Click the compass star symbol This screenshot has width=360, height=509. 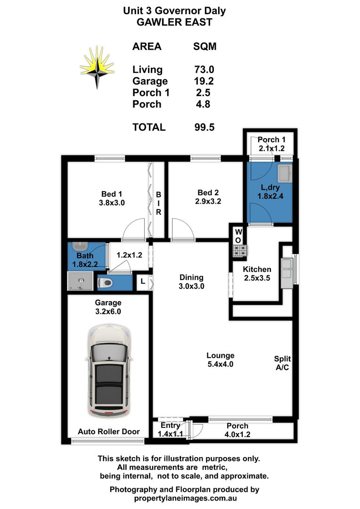point(97,66)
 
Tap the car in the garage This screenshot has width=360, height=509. point(108,369)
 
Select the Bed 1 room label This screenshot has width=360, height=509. point(112,194)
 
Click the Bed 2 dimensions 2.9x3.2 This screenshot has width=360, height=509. point(208,201)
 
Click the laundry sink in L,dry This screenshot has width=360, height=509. point(284,173)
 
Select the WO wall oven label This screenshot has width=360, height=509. point(238,236)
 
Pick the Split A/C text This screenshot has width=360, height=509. point(282,363)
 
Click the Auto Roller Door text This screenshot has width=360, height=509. point(108,431)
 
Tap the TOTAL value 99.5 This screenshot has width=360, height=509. point(205,127)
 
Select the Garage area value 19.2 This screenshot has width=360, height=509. point(205,81)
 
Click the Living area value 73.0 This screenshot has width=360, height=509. point(205,70)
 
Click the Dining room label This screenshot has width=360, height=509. point(191,277)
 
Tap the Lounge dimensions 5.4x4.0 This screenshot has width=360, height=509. point(221,364)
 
